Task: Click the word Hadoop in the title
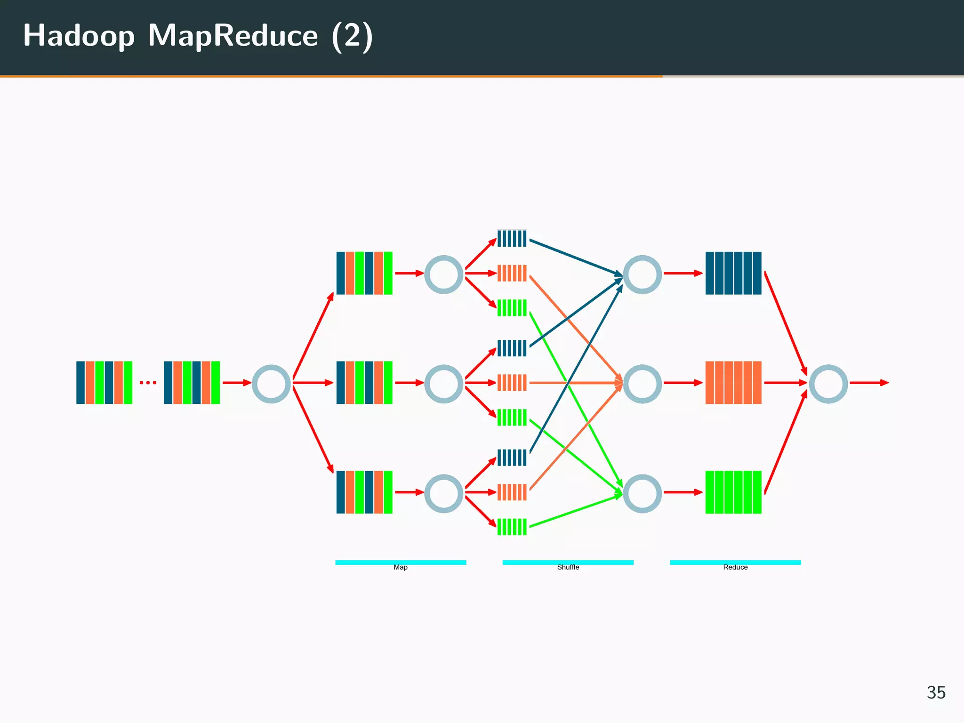click(x=79, y=37)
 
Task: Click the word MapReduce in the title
click(x=233, y=36)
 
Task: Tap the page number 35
click(x=936, y=692)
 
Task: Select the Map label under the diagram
click(x=401, y=567)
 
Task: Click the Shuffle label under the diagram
click(x=568, y=567)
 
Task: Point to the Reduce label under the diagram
click(x=735, y=567)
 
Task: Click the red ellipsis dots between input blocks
click(x=148, y=383)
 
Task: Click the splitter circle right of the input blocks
click(x=272, y=384)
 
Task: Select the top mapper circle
click(x=444, y=274)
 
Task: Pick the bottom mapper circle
click(x=444, y=493)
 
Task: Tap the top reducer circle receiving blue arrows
click(x=643, y=274)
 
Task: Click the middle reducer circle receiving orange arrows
click(x=643, y=384)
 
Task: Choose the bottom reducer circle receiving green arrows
click(x=643, y=493)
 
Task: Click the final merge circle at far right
click(x=828, y=384)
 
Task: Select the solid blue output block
click(x=733, y=273)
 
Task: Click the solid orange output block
click(x=733, y=383)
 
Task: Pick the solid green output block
click(x=733, y=492)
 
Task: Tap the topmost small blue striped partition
click(x=512, y=239)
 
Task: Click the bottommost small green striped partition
click(x=512, y=527)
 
